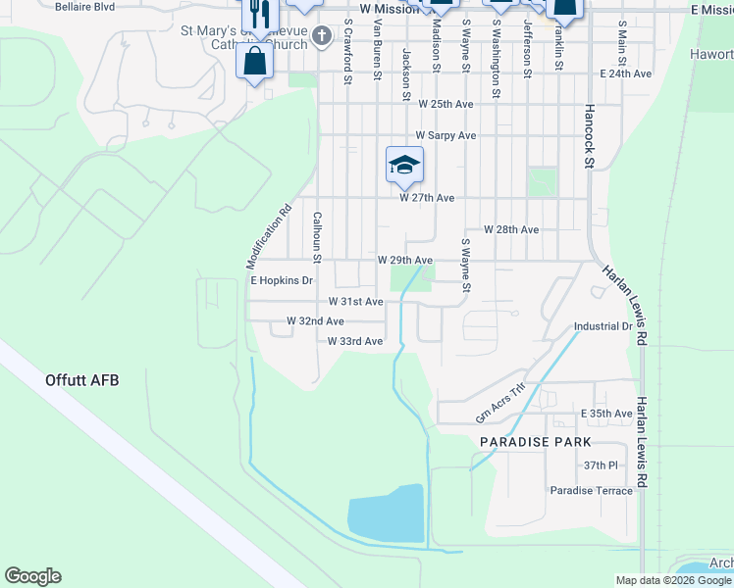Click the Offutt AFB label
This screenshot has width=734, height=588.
81,379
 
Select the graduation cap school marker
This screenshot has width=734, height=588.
404,165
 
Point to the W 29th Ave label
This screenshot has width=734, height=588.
405,261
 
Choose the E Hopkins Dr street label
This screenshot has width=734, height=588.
281,280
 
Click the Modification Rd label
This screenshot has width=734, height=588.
269,236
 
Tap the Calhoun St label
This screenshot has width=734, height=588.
317,237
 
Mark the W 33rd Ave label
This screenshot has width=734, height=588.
355,341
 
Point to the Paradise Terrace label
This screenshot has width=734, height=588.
591,491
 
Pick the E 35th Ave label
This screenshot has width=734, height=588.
606,414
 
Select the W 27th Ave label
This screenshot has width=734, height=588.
427,198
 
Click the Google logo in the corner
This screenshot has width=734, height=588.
32,576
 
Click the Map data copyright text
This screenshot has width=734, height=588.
674,580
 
